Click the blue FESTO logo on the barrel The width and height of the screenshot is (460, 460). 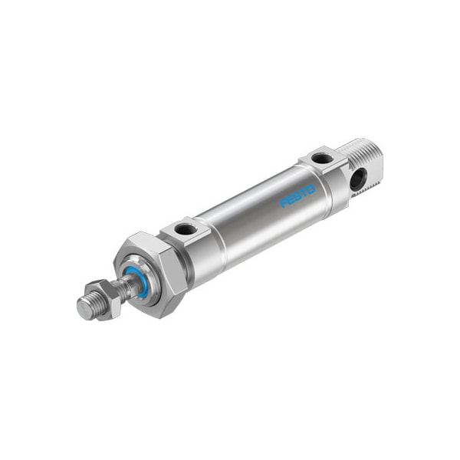[x=297, y=197]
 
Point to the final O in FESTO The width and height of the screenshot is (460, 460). [x=310, y=190]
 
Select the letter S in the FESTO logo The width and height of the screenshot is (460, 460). [x=297, y=197]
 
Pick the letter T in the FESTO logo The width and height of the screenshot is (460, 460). [x=303, y=193]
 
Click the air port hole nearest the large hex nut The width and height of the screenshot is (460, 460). [x=185, y=228]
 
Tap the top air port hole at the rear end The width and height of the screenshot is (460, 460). [x=323, y=159]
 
